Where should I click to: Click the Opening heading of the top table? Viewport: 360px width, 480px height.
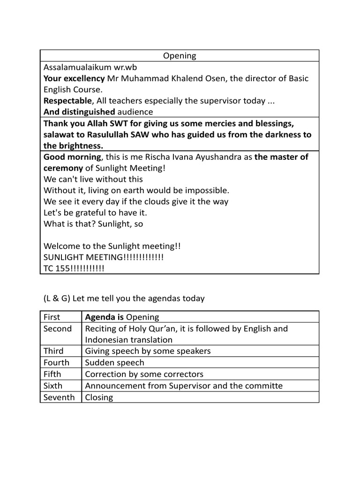(180, 56)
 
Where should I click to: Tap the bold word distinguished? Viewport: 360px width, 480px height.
(88, 112)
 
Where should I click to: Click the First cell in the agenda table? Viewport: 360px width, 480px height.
(52, 317)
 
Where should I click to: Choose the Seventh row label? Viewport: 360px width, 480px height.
(59, 397)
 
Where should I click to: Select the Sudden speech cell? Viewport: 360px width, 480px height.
(114, 363)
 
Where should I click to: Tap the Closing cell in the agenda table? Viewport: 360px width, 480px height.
(99, 397)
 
